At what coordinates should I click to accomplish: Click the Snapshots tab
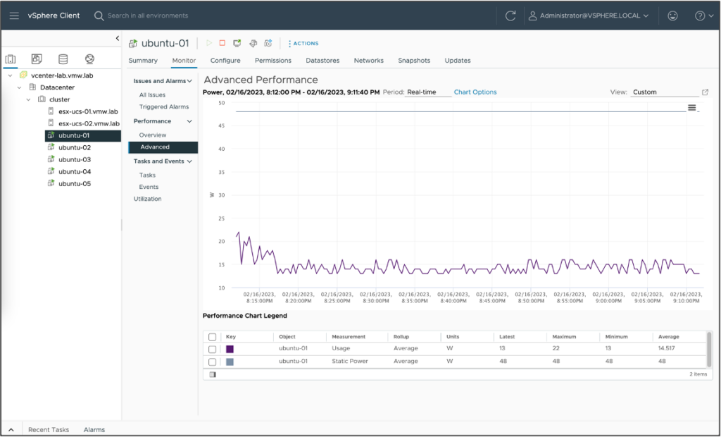click(414, 61)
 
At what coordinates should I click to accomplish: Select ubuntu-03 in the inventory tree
click(75, 159)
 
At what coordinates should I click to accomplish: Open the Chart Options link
click(475, 92)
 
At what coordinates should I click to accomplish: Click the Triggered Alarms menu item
click(164, 107)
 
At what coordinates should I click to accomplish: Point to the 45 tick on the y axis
click(221, 126)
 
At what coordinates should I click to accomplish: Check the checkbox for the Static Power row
click(213, 362)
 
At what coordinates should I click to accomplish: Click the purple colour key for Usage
click(230, 349)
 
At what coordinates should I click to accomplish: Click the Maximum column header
click(565, 337)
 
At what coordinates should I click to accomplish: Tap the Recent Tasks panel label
click(49, 429)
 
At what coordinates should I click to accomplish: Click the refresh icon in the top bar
click(511, 16)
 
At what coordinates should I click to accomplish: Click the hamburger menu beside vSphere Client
click(14, 16)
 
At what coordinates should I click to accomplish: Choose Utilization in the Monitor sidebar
click(148, 199)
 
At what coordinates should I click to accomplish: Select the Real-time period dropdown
click(428, 92)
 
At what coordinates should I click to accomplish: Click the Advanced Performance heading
click(261, 80)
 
